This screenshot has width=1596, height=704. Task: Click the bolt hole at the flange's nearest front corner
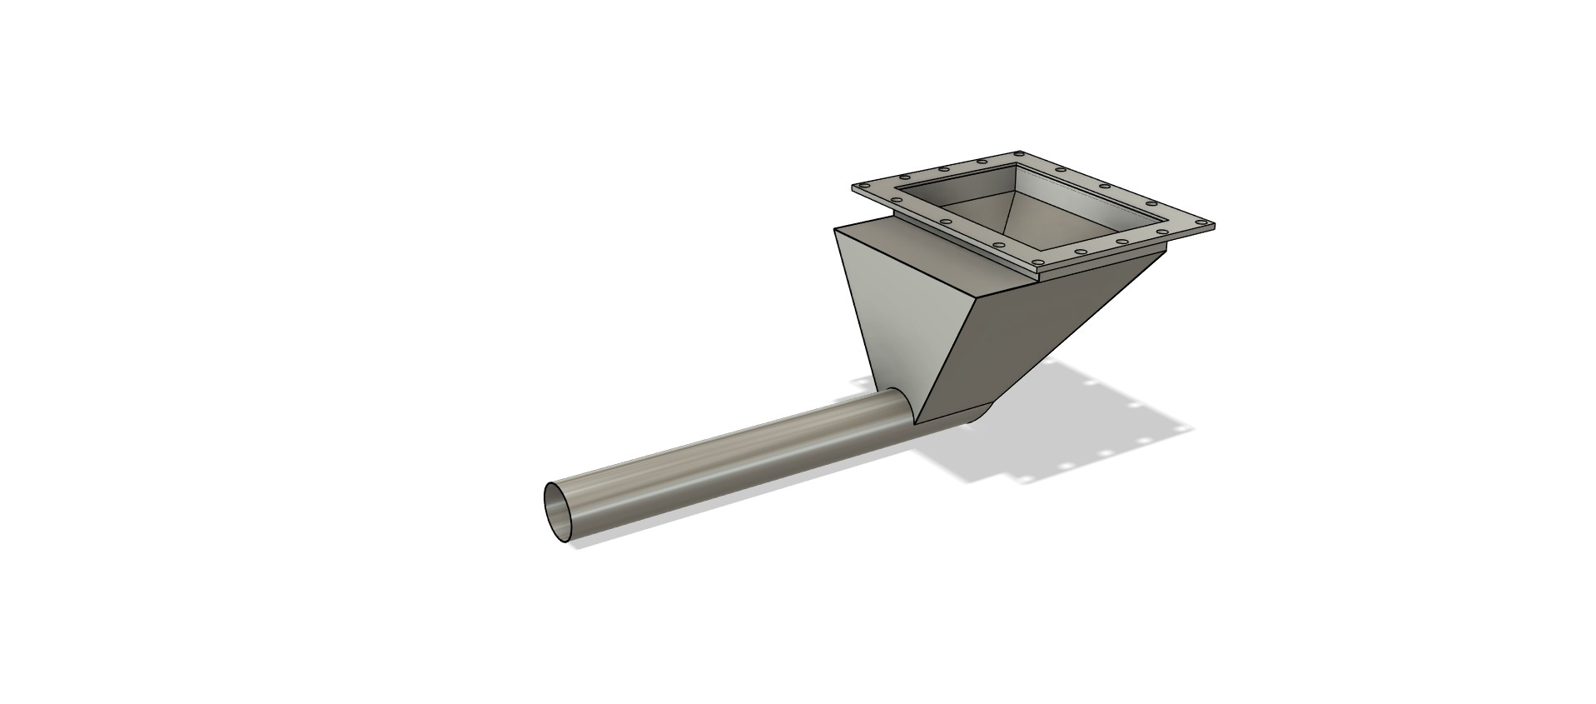click(x=1037, y=262)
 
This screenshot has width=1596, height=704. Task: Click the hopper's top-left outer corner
click(x=835, y=228)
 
